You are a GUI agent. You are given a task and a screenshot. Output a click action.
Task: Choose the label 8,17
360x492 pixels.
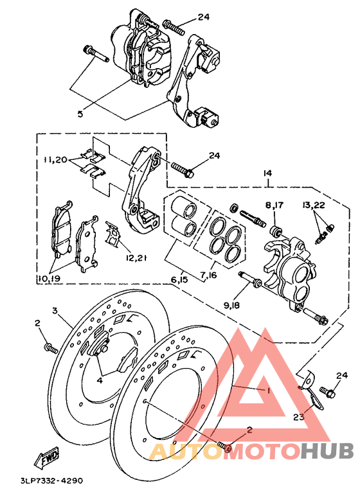click(x=274, y=206)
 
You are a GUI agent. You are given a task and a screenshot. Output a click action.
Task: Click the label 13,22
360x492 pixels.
click(x=315, y=206)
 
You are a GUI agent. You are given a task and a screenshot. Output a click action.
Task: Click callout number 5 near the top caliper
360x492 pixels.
click(x=80, y=114)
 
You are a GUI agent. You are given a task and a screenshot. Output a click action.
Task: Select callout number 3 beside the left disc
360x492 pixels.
click(x=55, y=311)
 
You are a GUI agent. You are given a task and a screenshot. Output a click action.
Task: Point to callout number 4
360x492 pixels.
click(x=100, y=380)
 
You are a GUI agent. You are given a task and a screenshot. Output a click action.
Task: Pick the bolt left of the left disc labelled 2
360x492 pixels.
click(x=50, y=349)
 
